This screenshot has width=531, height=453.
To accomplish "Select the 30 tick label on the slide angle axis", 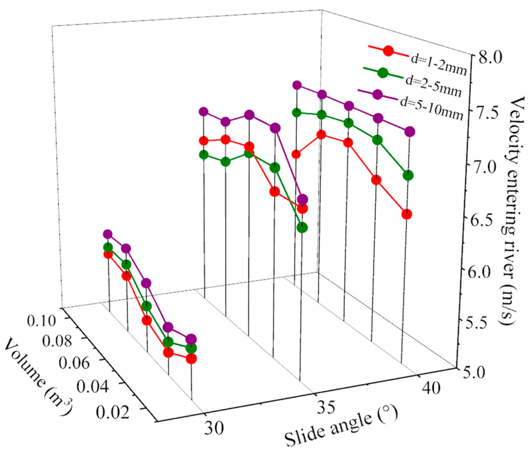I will (214, 428).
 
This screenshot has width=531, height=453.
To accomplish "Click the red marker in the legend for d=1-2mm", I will (388, 51).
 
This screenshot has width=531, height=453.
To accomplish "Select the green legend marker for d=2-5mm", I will (383, 73).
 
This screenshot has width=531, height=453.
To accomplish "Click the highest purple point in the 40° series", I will (297, 85).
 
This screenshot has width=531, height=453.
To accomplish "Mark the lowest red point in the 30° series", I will (191, 359).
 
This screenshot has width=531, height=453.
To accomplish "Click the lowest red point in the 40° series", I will (407, 214).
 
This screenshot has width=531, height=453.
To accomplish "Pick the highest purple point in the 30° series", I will (108, 234).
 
